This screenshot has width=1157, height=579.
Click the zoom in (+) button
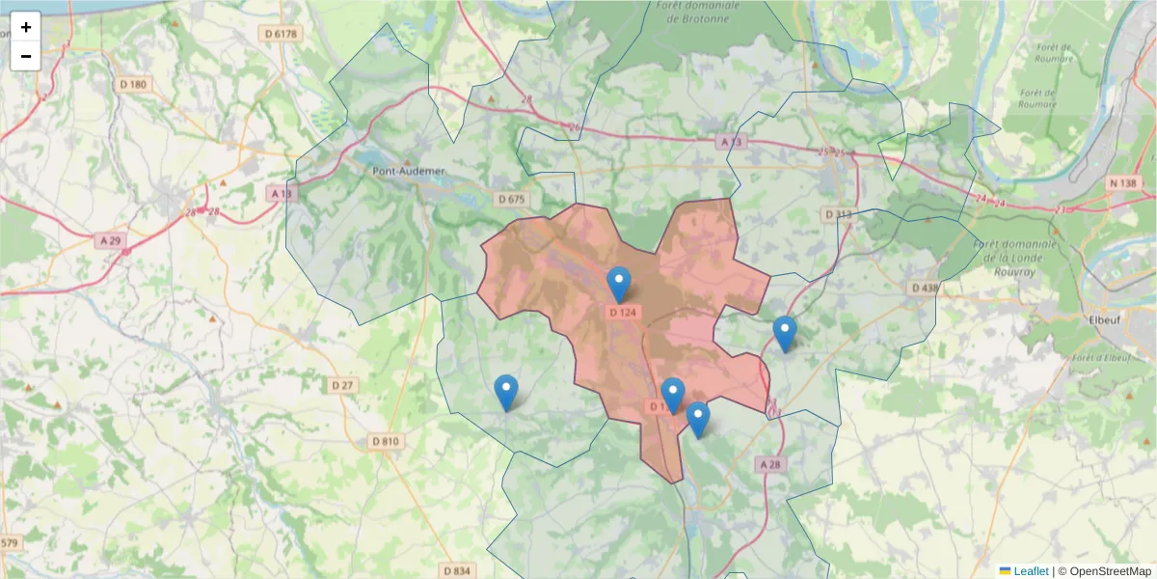pyautogui.click(x=26, y=27)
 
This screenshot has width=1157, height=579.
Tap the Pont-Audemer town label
pyautogui.click(x=409, y=171)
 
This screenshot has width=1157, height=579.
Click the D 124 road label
pyautogui.click(x=624, y=312)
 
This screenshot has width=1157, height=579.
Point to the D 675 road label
pyautogui.click(x=512, y=199)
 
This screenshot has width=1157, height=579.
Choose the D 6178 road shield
pyautogui.click(x=282, y=34)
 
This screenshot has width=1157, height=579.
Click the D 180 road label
pyautogui.click(x=134, y=84)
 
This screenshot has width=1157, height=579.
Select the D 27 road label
pyautogui.click(x=343, y=385)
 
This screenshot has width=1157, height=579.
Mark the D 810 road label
pyautogui.click(x=385, y=442)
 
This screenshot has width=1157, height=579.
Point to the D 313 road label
pyautogui.click(x=838, y=213)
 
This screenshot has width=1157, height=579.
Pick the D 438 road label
pyautogui.click(x=924, y=288)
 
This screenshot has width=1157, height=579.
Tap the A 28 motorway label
pyautogui.click(x=768, y=464)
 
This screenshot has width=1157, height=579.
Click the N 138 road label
pyautogui.click(x=1123, y=182)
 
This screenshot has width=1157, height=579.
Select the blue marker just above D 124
pyautogui.click(x=619, y=284)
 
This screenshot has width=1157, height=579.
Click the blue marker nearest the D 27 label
pyautogui.click(x=505, y=392)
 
